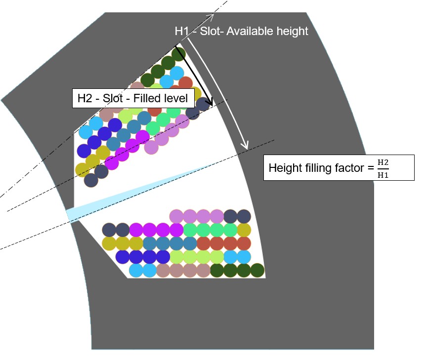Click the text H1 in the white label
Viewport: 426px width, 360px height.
[x=182, y=31]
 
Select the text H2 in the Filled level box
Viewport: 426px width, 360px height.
[x=85, y=98]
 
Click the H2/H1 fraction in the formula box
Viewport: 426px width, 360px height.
[x=383, y=168]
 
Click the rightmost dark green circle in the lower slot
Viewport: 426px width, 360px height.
[x=257, y=271]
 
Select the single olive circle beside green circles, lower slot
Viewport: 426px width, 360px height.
[x=244, y=230]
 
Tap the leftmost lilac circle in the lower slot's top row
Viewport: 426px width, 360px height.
[x=176, y=216]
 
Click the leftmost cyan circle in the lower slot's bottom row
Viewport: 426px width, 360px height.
[x=136, y=271]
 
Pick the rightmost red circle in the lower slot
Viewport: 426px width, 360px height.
[x=244, y=243]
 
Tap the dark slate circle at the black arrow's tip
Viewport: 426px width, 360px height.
[x=203, y=105]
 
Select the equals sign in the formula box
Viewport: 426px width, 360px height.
[x=371, y=168]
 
